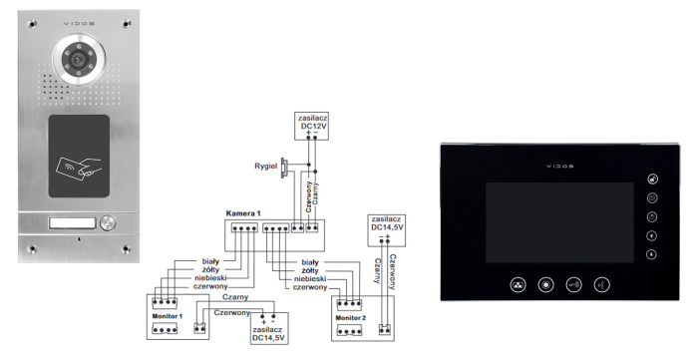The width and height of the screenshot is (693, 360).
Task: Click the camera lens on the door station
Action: (76, 60)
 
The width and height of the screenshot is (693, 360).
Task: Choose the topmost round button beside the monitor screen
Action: (651, 180)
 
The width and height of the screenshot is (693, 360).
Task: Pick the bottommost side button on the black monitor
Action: (651, 254)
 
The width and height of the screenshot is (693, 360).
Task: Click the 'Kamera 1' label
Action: (243, 215)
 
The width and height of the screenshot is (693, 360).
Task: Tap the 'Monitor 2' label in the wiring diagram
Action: (351, 316)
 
